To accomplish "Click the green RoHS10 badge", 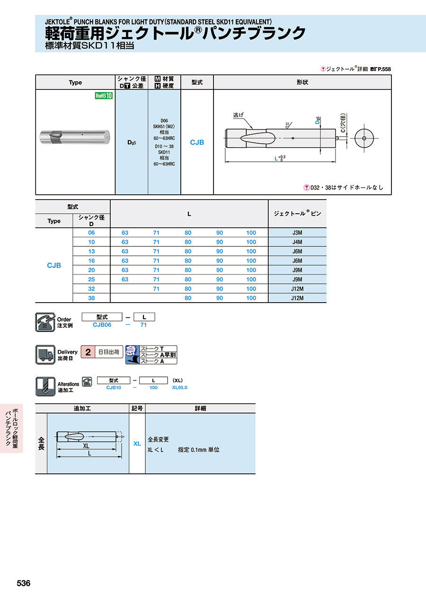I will (x=104, y=96).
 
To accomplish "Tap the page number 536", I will (x=24, y=584).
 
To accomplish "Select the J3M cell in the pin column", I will (x=297, y=233).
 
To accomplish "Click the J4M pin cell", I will (x=297, y=242).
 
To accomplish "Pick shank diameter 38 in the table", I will (x=91, y=298).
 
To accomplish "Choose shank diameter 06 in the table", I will (x=91, y=233).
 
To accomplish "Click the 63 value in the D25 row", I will (x=125, y=279).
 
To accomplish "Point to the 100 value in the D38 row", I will (x=251, y=298).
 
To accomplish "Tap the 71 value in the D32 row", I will (x=156, y=289).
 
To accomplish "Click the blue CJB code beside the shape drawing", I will (x=197, y=142).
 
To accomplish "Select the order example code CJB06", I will (x=102, y=325).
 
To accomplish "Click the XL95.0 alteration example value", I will (x=180, y=387).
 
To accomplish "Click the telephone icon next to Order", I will (x=45, y=322).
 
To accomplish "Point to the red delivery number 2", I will (x=88, y=352).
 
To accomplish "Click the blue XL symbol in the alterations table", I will (x=137, y=444).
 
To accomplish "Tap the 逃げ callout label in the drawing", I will (x=239, y=115).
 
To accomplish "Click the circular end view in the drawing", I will (x=364, y=138).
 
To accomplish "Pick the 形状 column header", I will (x=302, y=82).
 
